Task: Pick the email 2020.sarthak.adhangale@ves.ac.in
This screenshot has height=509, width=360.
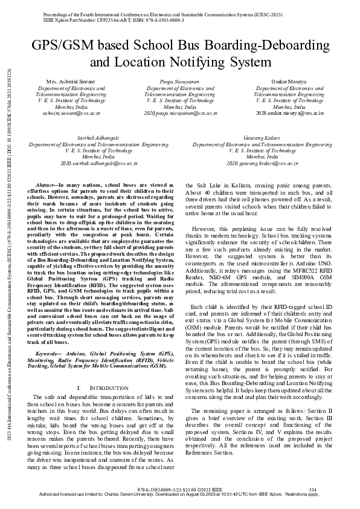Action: pos(99,163)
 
